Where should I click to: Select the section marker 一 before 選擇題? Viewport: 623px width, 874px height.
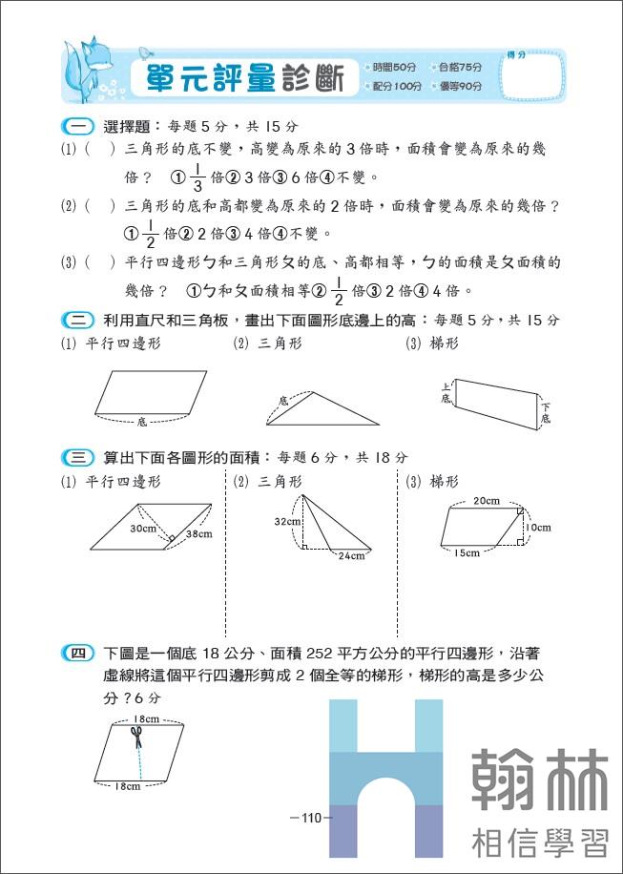[x=73, y=125]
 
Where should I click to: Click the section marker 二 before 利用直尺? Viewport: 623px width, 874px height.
[x=73, y=320]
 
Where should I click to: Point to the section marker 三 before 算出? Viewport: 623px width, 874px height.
[x=73, y=457]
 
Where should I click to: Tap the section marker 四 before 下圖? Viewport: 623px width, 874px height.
[x=73, y=654]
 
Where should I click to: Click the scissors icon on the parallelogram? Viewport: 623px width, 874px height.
[x=136, y=738]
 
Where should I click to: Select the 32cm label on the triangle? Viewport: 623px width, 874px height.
[x=286, y=522]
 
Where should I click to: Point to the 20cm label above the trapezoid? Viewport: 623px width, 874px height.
[x=486, y=500]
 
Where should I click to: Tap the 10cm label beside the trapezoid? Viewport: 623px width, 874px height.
[x=538, y=528]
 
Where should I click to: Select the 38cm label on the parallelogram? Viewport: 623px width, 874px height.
[x=199, y=534]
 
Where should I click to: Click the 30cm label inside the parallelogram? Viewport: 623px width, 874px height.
[x=144, y=529]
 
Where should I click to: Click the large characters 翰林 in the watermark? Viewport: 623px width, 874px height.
[x=540, y=779]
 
